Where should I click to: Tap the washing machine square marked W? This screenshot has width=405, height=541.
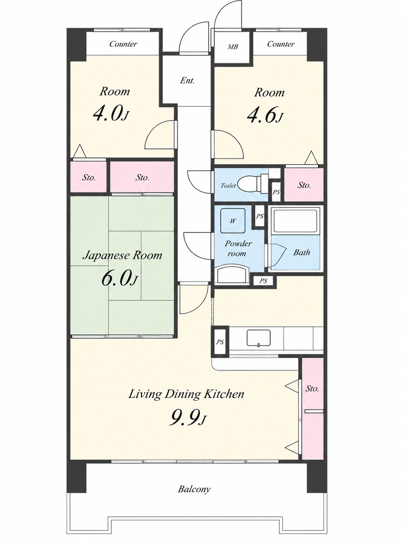coord(233,221)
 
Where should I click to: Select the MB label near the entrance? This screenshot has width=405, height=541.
coord(233,46)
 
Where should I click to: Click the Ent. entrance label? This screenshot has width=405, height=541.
coord(187,80)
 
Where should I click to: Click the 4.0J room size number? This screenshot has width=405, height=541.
coord(111,114)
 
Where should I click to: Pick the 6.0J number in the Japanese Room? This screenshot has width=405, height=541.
coord(119,278)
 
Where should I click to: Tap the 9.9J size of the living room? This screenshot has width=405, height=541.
coord(187,419)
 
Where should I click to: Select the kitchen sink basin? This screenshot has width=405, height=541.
coord(259,338)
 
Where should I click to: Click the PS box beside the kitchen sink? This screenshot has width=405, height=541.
coord(220,342)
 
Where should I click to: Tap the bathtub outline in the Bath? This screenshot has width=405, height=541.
coord(295,221)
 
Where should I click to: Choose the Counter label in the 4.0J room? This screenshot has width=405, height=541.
coord(123,44)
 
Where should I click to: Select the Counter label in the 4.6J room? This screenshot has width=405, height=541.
coord(281,44)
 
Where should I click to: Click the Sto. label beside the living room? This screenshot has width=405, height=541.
coord(312,389)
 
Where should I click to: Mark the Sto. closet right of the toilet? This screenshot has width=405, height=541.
coord(304,184)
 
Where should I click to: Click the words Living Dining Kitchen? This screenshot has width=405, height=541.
coord(186,394)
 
